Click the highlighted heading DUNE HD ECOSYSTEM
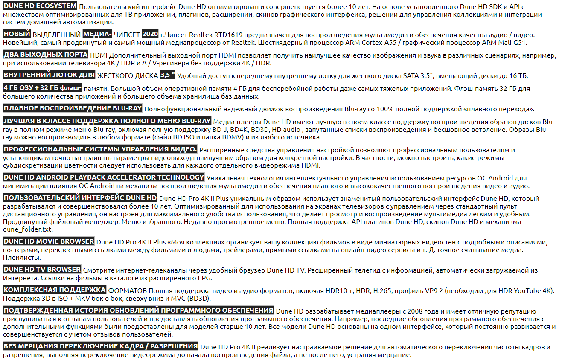coord(40,6)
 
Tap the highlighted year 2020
coord(150,35)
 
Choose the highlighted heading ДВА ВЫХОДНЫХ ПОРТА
coord(46,55)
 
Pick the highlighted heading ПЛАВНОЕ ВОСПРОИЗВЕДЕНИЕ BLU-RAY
coord(73,108)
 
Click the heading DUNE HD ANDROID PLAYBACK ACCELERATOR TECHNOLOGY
coord(104,177)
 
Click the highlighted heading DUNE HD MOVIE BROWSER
coord(49,241)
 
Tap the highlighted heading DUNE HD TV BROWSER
coord(42,270)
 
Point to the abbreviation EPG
coord(205,279)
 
